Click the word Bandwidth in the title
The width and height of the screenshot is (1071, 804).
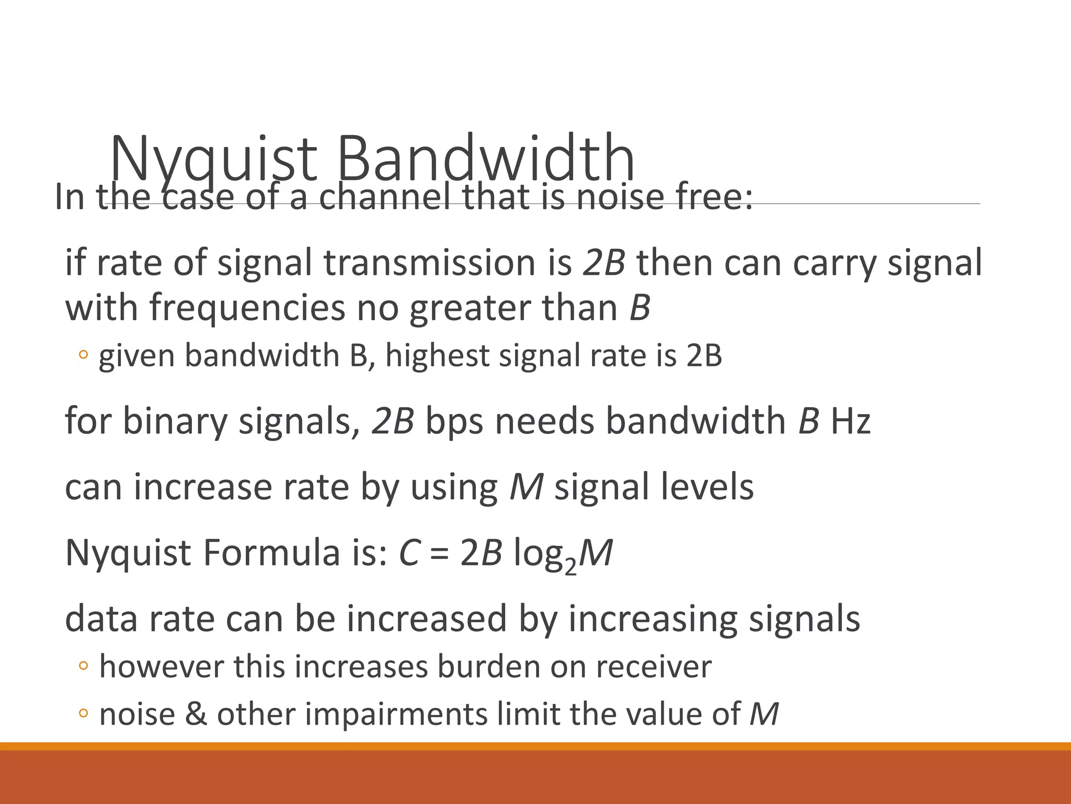point(486,158)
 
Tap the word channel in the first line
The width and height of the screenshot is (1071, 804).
point(384,197)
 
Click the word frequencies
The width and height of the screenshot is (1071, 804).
point(247,307)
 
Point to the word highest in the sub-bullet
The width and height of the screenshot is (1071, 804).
point(437,355)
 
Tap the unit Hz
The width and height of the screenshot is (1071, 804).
point(850,421)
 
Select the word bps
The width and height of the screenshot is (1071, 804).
point(454,422)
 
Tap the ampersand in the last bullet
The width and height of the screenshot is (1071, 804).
point(196,714)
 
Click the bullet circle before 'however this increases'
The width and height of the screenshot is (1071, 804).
point(83,666)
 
